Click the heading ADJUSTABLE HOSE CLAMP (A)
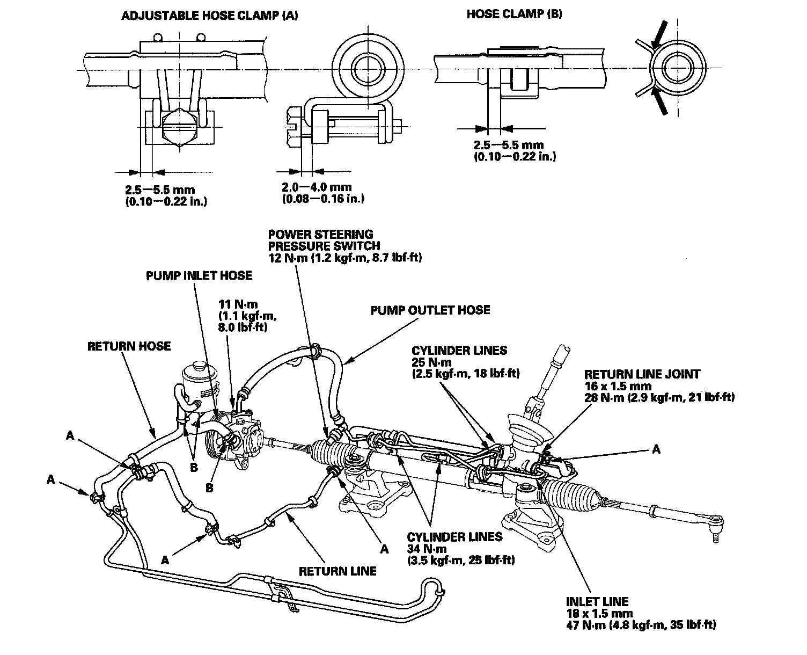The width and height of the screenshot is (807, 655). [x=210, y=16]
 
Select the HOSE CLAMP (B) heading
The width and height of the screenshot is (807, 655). [x=514, y=14]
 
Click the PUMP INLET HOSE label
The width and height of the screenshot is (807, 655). [x=199, y=275]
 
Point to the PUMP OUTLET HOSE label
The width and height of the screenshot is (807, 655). [x=430, y=310]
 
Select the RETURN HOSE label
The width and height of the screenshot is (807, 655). [x=129, y=346]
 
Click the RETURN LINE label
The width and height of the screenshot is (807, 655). [x=338, y=570]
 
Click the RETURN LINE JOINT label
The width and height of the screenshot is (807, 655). [x=642, y=374]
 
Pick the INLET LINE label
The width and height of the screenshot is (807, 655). [x=597, y=602]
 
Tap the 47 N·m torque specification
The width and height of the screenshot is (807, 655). [x=582, y=625]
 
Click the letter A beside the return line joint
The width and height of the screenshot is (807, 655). [x=656, y=450]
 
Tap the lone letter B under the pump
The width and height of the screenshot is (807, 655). [x=209, y=487]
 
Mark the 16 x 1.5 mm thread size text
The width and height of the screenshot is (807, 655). [x=618, y=386]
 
